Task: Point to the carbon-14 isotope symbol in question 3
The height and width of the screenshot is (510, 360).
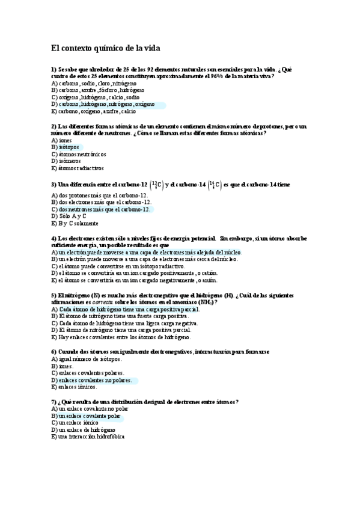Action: [213, 185]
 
